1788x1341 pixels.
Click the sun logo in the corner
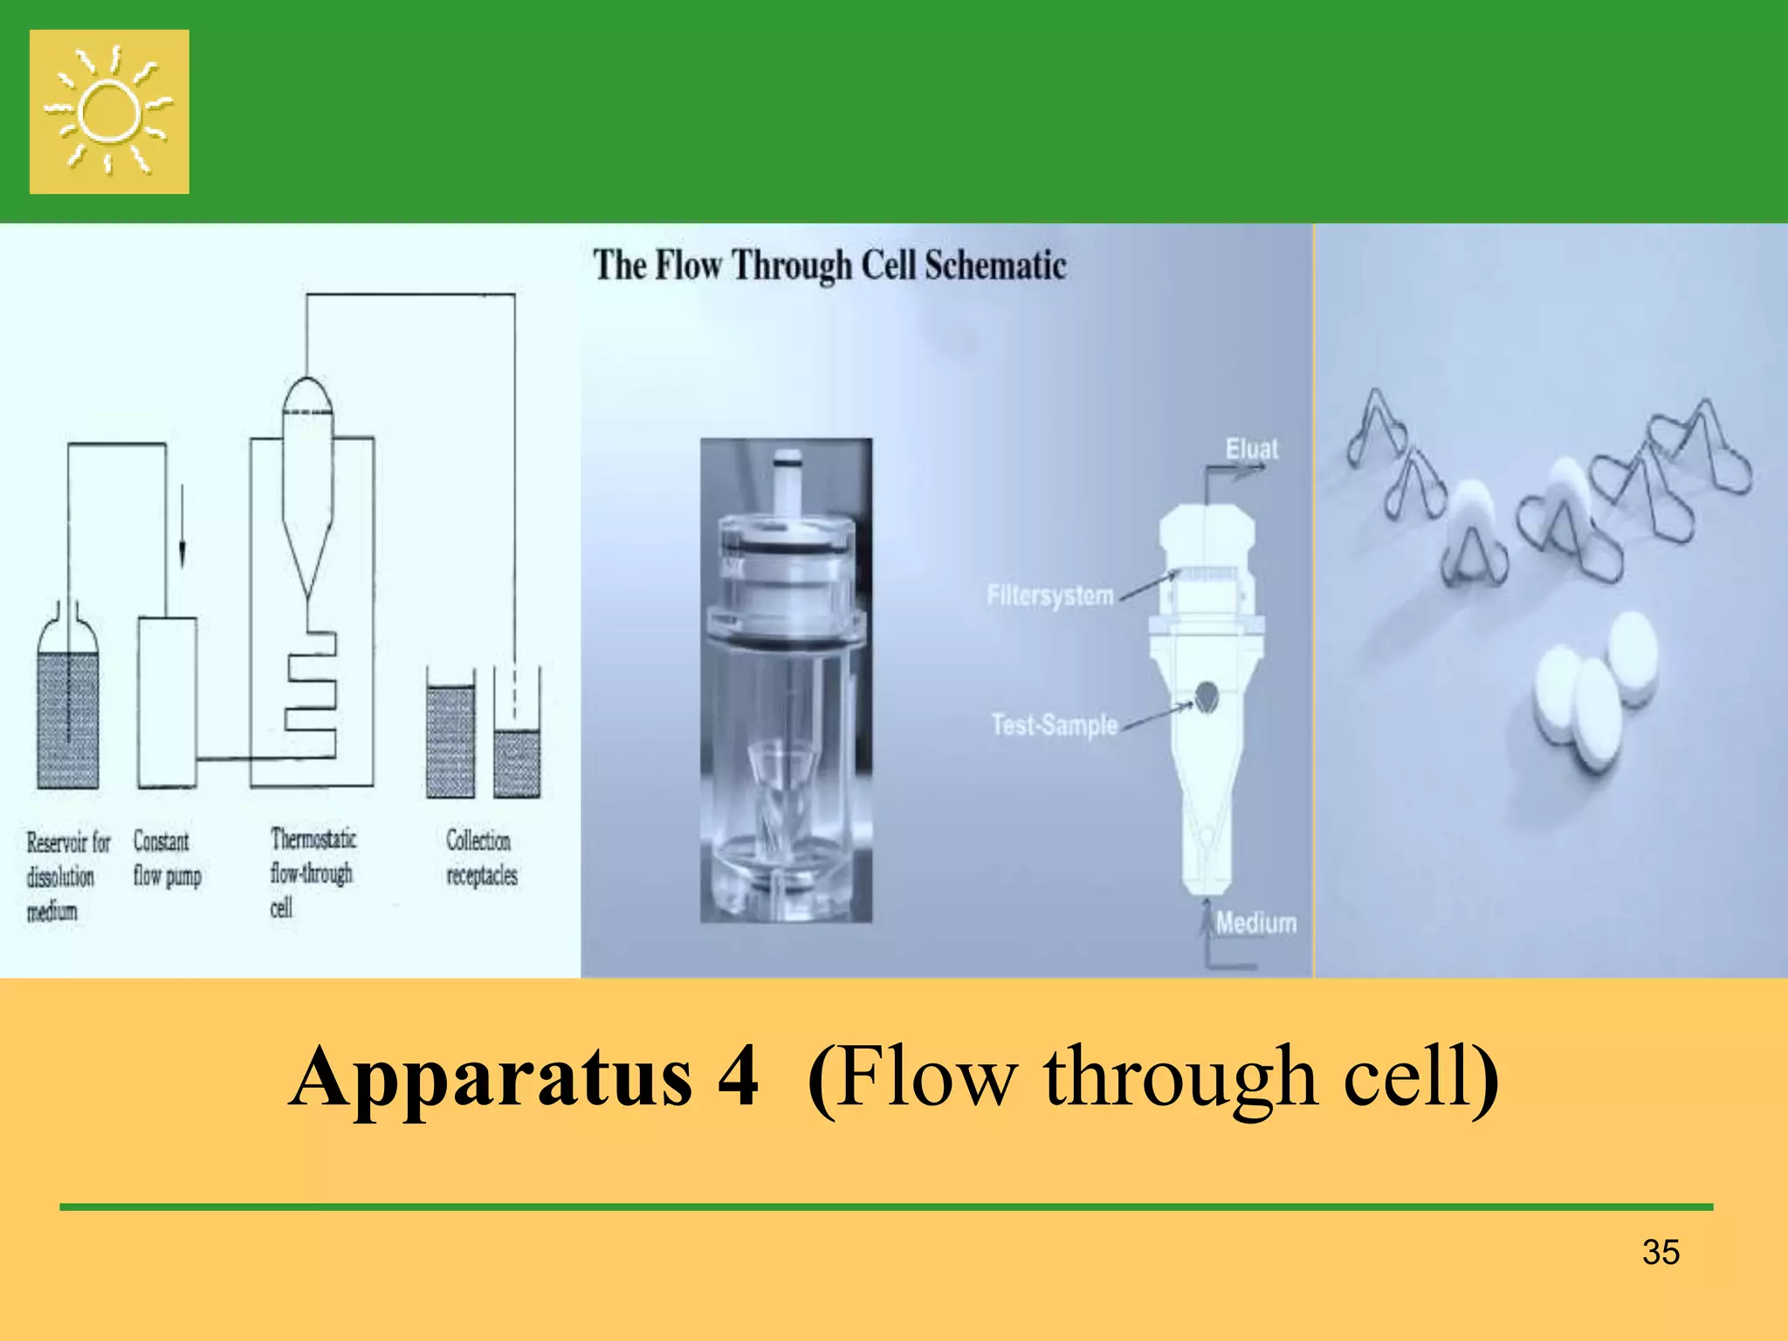tap(109, 112)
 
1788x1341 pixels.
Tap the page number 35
tap(1661, 1252)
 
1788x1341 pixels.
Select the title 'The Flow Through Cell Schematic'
tap(829, 265)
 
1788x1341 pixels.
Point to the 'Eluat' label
tap(1251, 449)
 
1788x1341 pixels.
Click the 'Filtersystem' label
tap(1050, 595)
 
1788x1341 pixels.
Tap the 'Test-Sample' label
tap(1054, 725)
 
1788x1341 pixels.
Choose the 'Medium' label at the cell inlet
tap(1255, 923)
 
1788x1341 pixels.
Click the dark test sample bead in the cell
tap(1207, 696)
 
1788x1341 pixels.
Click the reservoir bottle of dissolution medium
tap(67, 707)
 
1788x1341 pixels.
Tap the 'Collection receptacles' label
tap(481, 857)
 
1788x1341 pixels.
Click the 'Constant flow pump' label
tap(167, 858)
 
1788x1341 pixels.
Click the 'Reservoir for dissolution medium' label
tap(67, 876)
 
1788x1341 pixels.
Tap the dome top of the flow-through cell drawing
tap(307, 396)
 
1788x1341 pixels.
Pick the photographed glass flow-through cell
tap(786, 681)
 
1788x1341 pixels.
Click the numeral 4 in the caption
tap(738, 1077)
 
